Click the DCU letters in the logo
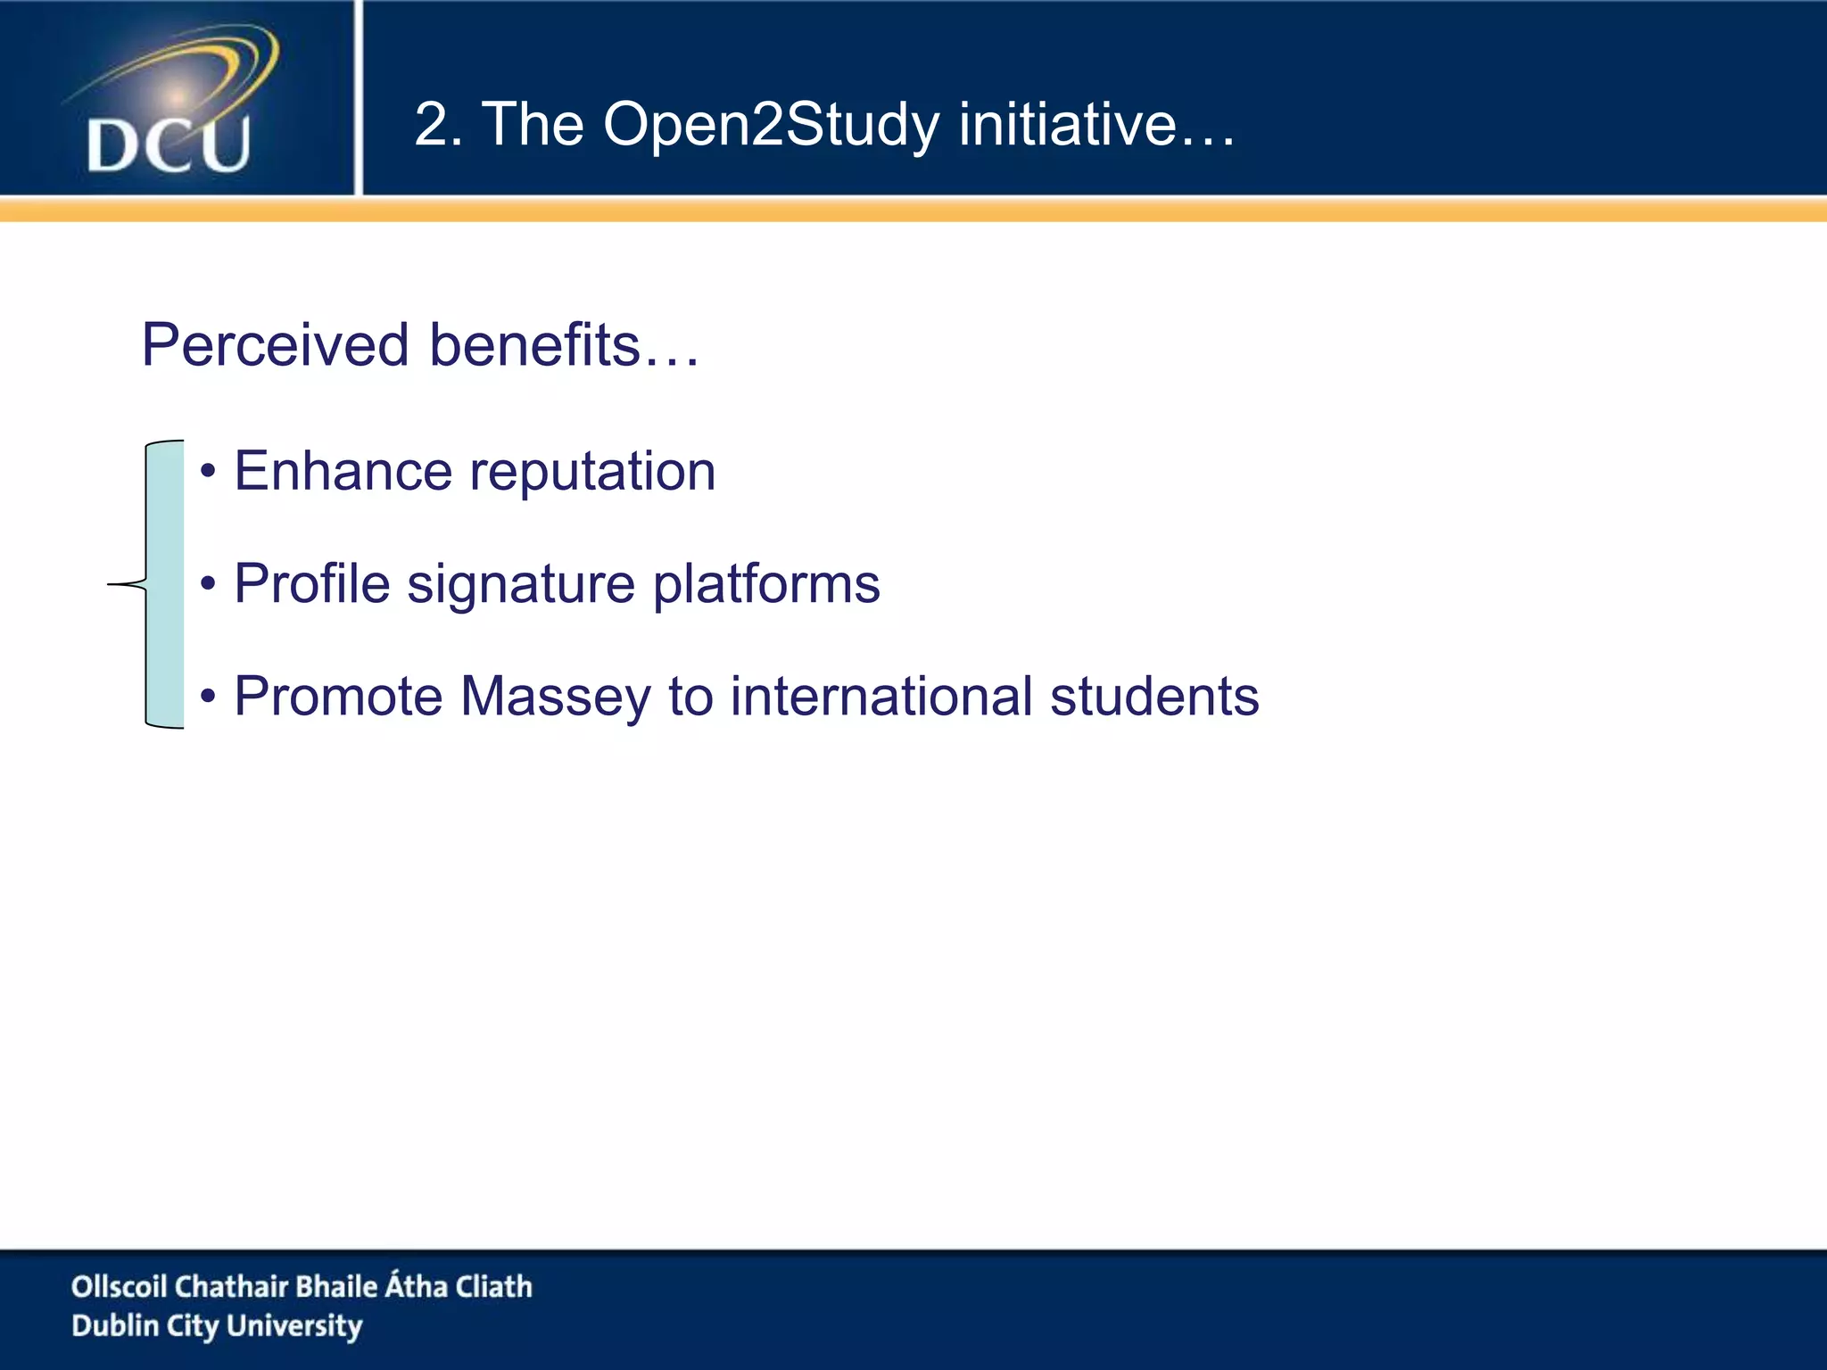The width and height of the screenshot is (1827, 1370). click(x=168, y=144)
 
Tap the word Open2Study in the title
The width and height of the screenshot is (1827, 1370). click(x=771, y=125)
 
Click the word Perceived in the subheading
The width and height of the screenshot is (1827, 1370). click(x=276, y=345)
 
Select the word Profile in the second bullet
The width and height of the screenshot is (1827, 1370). click(x=312, y=584)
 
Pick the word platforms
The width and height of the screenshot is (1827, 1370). click(x=766, y=586)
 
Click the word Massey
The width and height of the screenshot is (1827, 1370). click(x=556, y=698)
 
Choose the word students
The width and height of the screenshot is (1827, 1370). click(x=1154, y=697)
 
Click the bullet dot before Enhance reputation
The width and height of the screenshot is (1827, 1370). click(x=208, y=471)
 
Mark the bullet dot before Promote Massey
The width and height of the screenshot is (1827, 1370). click(x=208, y=696)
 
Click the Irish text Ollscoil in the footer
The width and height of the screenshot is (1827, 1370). click(x=120, y=1286)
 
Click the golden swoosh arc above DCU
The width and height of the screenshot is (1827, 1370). click(x=241, y=62)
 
